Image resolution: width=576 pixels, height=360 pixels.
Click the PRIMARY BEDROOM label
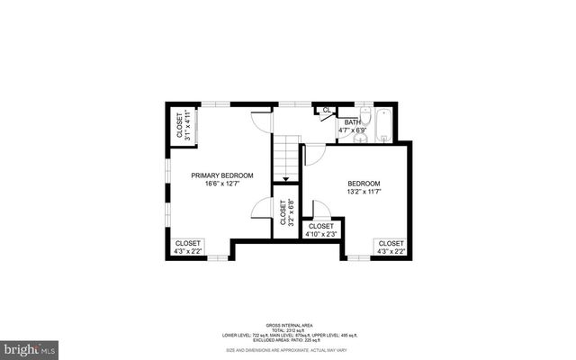coord(222,175)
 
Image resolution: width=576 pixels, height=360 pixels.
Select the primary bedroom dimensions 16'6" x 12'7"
coord(222,184)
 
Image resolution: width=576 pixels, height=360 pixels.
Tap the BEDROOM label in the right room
coord(364,183)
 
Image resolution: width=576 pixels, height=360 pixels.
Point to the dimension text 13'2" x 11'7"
coord(364,192)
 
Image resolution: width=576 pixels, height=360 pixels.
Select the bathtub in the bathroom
coord(384,125)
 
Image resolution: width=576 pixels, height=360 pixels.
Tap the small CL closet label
coord(328,111)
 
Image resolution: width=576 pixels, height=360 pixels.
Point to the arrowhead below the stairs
coord(286,180)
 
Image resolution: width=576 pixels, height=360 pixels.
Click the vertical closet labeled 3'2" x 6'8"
coord(286,213)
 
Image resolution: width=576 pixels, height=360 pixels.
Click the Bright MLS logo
coord(30,346)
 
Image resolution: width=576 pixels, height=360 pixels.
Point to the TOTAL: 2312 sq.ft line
coord(287,329)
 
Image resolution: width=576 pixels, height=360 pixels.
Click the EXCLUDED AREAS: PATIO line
coord(287,340)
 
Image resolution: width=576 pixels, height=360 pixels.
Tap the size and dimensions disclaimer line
coord(287,350)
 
